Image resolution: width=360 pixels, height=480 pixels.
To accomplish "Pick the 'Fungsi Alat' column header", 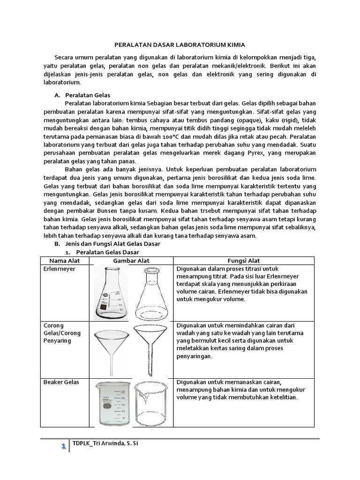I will click(244, 261).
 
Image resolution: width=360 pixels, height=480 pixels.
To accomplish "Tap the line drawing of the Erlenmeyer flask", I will click(151, 292).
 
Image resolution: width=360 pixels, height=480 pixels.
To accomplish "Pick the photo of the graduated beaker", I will click(112, 403).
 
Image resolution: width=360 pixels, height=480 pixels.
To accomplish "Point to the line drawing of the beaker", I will click(151, 404).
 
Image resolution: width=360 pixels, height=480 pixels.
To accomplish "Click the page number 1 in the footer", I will click(63, 448).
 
